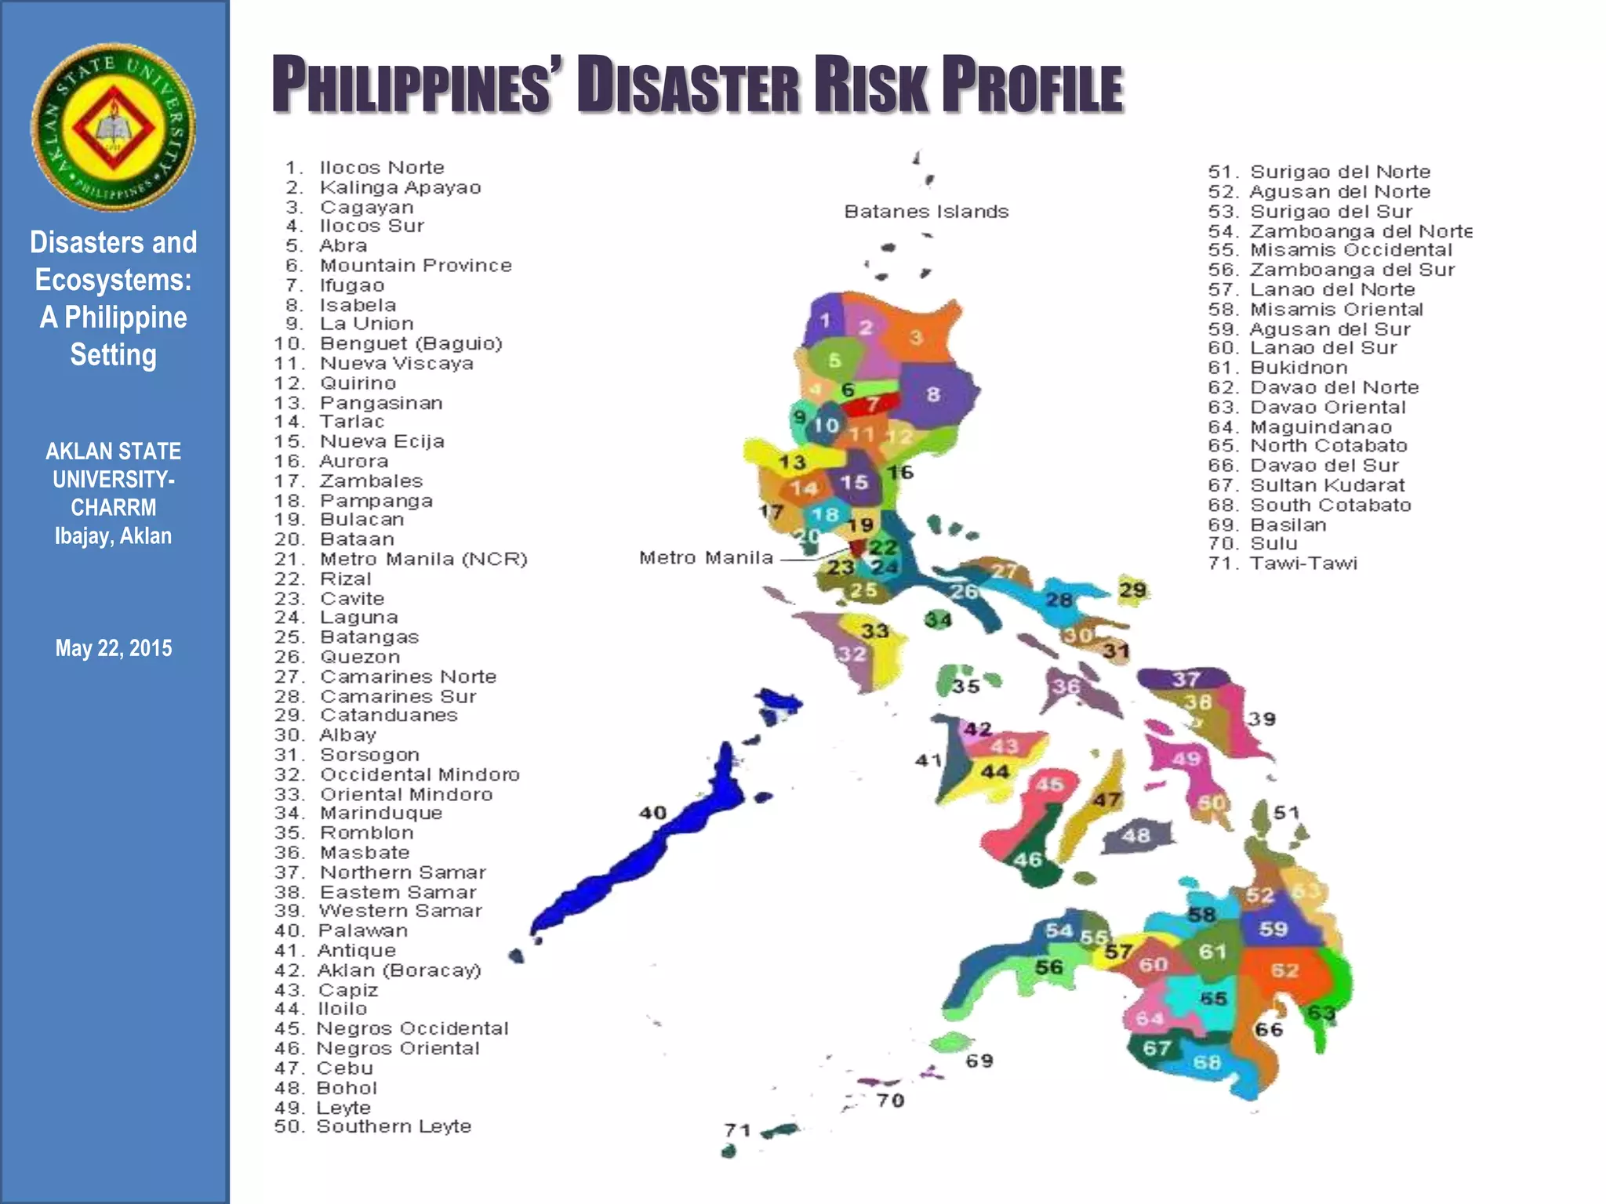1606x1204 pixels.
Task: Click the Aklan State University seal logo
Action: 113,127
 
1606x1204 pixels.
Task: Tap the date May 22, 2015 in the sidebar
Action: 113,648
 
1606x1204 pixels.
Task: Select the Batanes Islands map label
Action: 925,212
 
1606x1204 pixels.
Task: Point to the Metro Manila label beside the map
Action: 706,558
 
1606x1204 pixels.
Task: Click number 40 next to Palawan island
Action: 652,813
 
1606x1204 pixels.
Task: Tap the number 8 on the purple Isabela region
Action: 932,394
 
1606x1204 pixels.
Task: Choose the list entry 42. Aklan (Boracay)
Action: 377,970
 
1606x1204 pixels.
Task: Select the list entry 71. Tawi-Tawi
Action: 1282,564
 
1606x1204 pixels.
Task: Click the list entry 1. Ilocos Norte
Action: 365,168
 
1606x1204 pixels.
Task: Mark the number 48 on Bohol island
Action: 1135,836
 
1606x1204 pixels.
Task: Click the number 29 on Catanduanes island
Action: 1132,589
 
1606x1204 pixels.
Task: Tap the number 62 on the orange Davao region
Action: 1284,970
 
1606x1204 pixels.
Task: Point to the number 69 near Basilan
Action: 979,1061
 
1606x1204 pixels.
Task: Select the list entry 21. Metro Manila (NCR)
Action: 401,560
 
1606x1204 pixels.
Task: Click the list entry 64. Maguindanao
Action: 1299,427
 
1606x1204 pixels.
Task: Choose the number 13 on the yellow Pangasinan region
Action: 792,462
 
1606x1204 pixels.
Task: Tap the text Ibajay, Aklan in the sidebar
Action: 113,536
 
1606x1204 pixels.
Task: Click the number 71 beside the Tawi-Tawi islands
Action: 737,1130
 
